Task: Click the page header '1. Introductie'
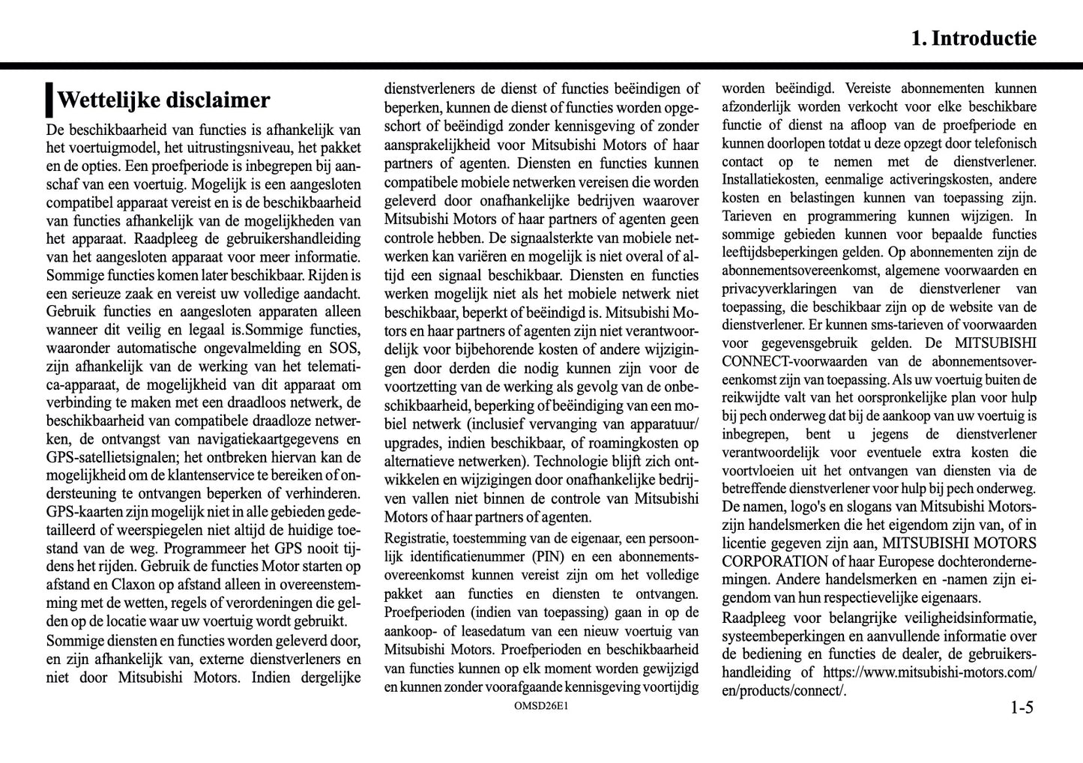(x=974, y=39)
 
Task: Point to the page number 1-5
(x=1021, y=707)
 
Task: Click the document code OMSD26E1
(x=541, y=706)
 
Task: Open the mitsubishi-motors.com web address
(x=930, y=672)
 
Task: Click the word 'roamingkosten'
(x=628, y=443)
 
